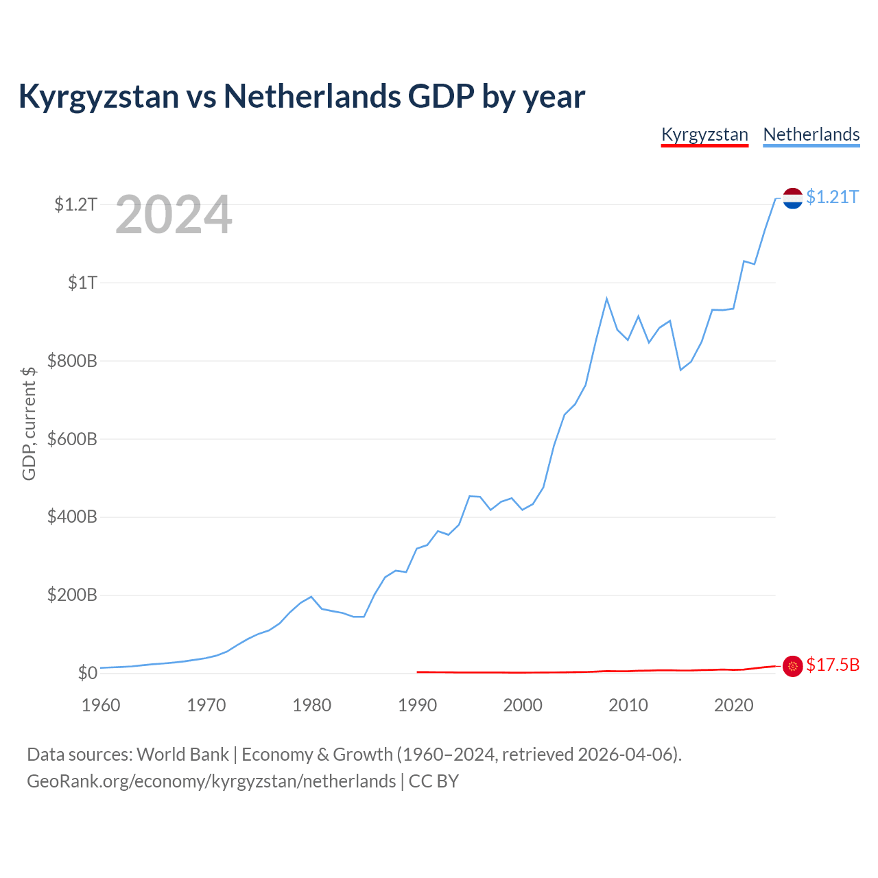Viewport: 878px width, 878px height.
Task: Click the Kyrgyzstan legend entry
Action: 704,135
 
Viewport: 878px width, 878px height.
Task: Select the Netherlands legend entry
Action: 811,135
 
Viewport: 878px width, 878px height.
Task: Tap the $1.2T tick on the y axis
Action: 75,204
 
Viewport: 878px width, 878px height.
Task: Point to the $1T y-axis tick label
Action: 82,283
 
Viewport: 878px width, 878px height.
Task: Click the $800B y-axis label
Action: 72,361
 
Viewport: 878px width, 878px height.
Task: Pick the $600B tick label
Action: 72,439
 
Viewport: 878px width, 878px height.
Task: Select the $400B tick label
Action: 72,517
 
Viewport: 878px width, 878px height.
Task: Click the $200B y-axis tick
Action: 72,595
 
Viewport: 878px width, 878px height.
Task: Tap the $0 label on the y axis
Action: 88,674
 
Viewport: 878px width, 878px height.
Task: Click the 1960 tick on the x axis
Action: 101,705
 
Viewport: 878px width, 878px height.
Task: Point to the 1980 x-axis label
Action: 311,705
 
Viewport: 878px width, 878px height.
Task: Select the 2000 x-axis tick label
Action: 523,705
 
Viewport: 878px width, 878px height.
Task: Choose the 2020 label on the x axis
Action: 733,705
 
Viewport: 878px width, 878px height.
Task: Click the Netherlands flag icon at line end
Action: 792,198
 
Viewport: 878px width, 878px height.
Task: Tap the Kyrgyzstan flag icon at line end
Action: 792,667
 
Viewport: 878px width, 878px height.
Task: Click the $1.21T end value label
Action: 832,198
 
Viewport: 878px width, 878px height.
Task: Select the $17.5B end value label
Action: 833,665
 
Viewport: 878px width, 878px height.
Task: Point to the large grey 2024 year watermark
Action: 174,214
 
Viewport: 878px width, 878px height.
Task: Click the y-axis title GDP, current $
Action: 29,424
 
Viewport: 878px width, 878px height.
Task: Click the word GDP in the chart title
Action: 440,96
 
